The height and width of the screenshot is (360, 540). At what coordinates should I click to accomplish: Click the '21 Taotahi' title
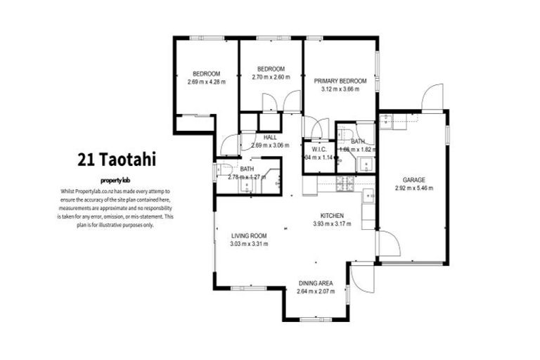(117, 160)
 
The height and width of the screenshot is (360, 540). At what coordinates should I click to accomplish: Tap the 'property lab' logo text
(117, 180)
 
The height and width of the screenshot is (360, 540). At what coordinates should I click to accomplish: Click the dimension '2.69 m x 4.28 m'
(207, 82)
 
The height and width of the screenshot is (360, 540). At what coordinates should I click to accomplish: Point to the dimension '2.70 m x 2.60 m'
(271, 77)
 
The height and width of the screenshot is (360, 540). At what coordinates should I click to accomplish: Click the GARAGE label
(413, 180)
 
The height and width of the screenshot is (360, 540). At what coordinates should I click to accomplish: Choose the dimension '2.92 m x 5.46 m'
(413, 188)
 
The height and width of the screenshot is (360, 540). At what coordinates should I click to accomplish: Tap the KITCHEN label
(331, 216)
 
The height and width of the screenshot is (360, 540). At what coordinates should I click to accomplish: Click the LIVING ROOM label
(248, 236)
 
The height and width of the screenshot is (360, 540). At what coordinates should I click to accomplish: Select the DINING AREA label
(314, 283)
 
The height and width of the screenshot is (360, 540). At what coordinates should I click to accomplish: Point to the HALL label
(270, 137)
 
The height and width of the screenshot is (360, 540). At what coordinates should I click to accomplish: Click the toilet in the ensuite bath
(346, 134)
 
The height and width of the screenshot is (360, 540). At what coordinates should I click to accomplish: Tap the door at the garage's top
(431, 98)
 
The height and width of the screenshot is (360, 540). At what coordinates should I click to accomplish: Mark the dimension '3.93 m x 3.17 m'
(331, 224)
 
